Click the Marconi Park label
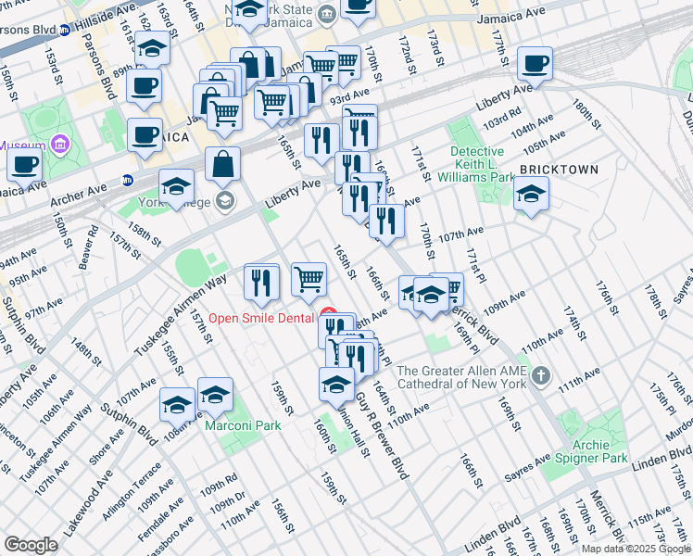(x=254, y=426)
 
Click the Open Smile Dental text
(x=260, y=317)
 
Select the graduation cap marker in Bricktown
(x=531, y=195)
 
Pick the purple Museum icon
(x=61, y=145)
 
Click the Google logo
(x=31, y=545)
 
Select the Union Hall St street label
(x=354, y=432)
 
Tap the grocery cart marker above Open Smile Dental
(x=309, y=279)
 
